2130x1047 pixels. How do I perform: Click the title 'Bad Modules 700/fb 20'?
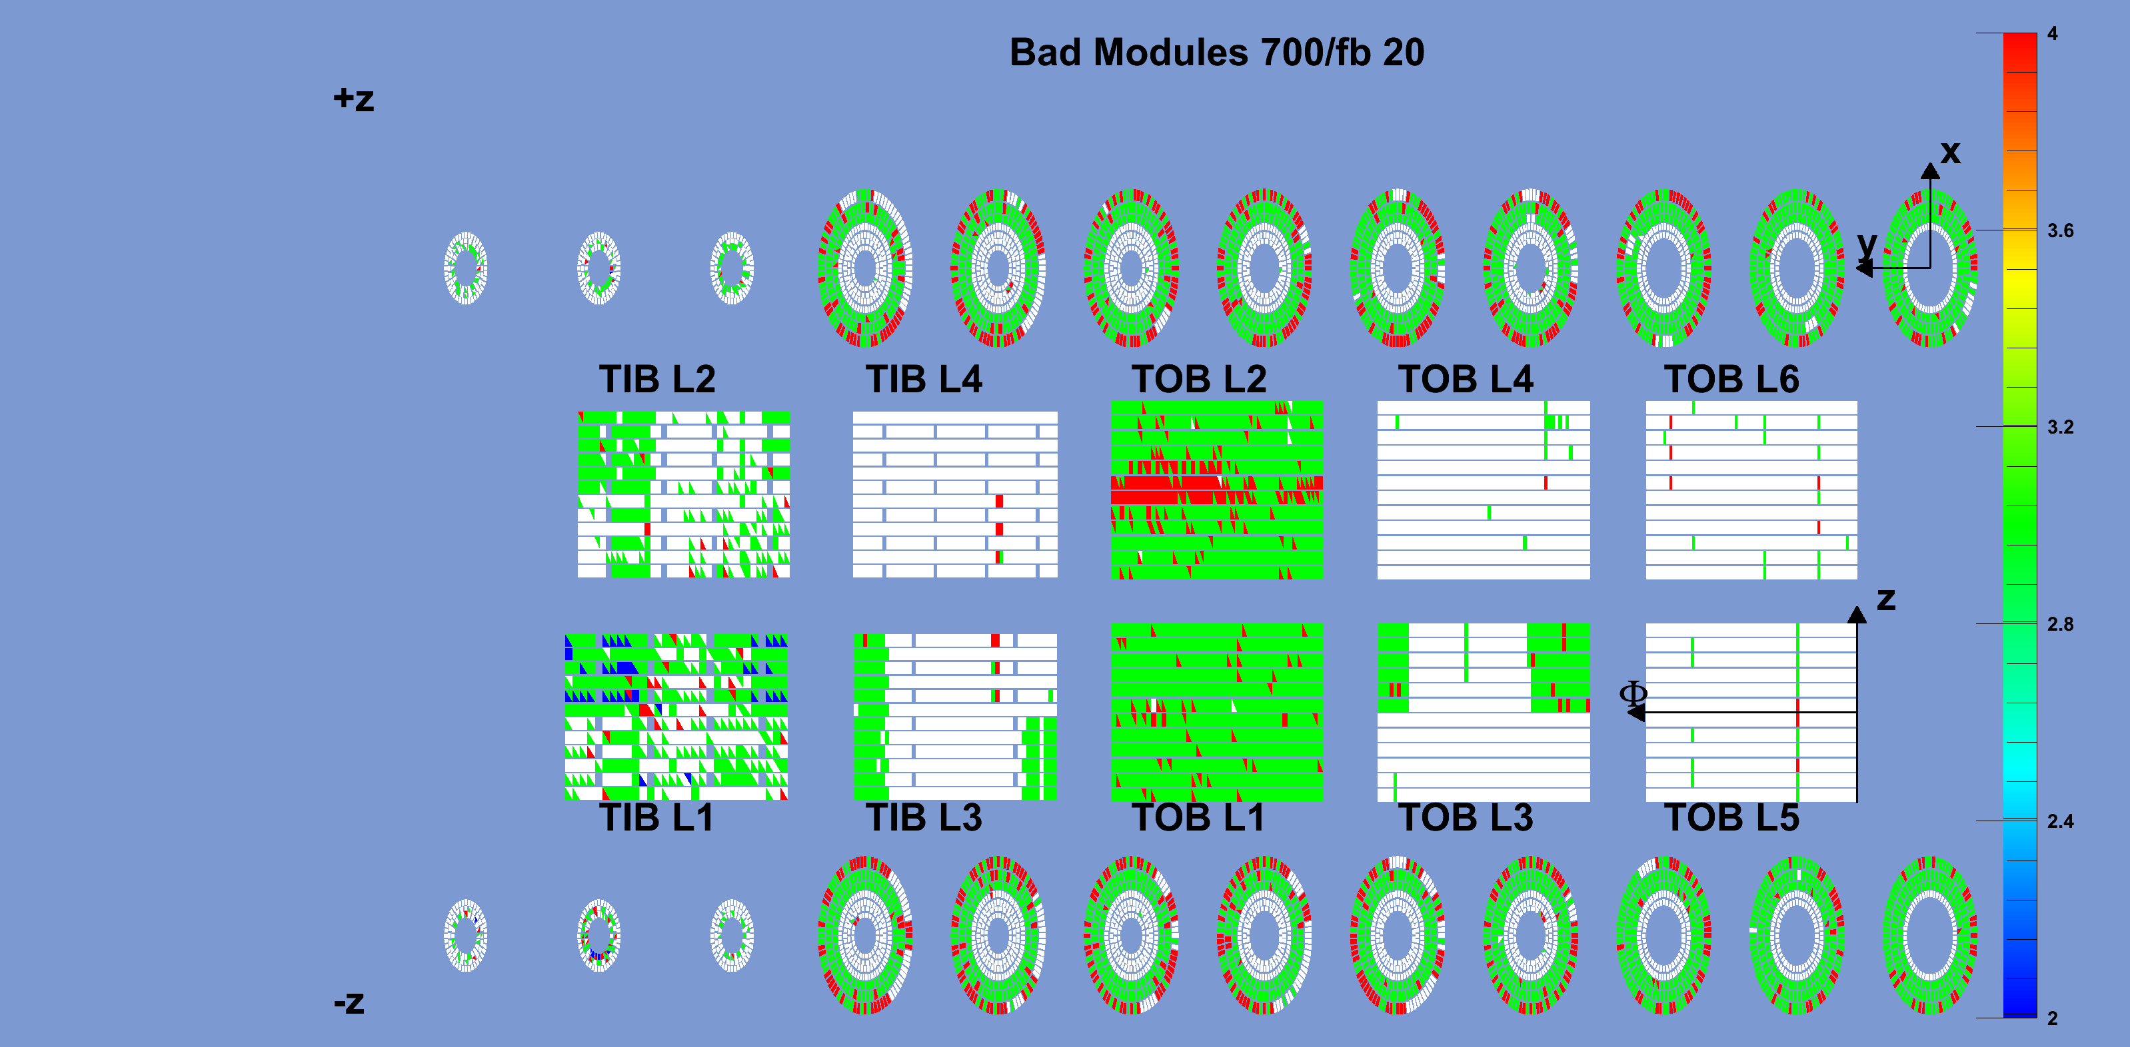(x=1216, y=53)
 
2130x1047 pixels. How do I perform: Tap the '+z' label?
(x=353, y=99)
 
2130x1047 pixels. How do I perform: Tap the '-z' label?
(x=349, y=1002)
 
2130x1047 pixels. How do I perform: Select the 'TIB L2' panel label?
(x=657, y=379)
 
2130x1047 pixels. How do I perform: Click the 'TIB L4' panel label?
(x=924, y=379)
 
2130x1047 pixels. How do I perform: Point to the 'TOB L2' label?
(x=1199, y=379)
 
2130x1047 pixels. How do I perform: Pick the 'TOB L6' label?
(x=1731, y=379)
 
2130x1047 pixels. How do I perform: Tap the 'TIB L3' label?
(x=924, y=817)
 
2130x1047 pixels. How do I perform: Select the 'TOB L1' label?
(x=1198, y=817)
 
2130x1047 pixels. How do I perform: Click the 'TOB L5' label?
(x=1731, y=817)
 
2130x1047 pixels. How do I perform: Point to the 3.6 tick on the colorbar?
(x=2061, y=230)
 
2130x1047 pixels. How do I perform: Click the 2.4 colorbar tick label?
(x=2061, y=821)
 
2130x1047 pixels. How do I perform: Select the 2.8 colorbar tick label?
(x=2061, y=625)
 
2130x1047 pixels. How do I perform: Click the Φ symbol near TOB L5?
(x=1633, y=693)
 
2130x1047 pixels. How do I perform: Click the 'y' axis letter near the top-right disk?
(x=1867, y=244)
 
